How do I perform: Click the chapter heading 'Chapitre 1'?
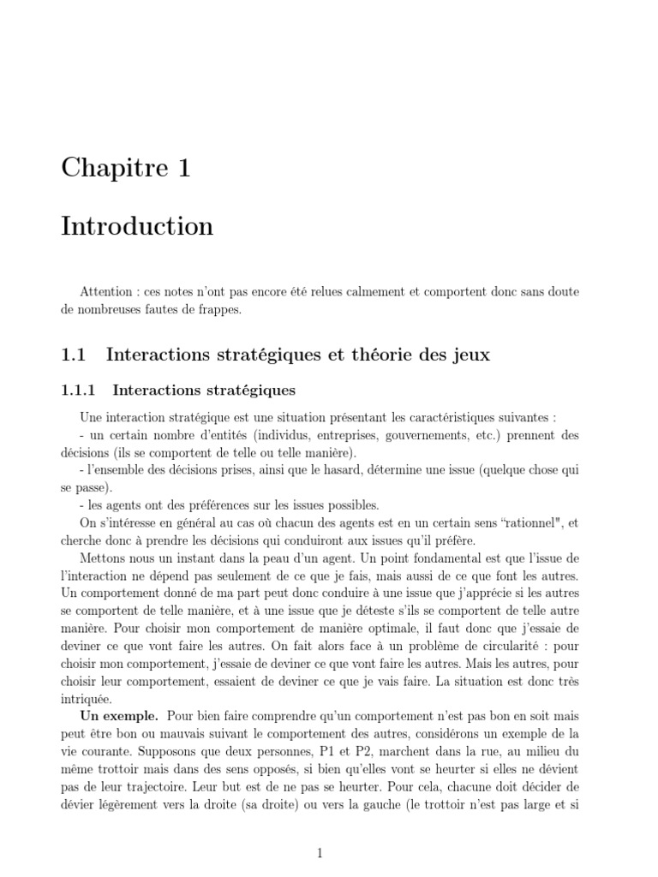pyautogui.click(x=125, y=168)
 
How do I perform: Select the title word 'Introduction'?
pyautogui.click(x=137, y=227)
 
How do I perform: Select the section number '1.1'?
pyautogui.click(x=75, y=355)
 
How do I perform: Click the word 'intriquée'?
pyautogui.click(x=87, y=700)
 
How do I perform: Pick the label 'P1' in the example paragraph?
pyautogui.click(x=315, y=752)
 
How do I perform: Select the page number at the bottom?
pyautogui.click(x=320, y=853)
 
